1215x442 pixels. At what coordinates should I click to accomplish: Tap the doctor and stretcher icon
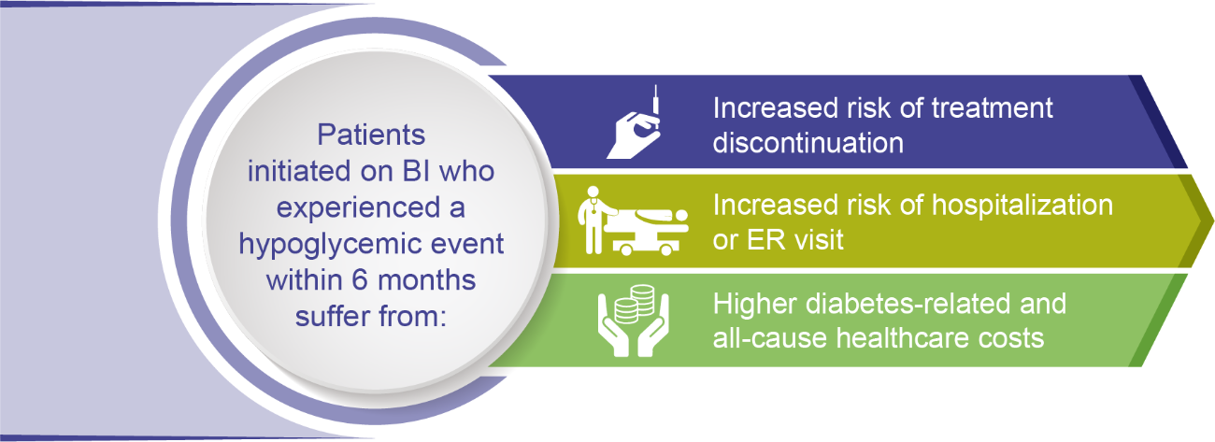click(633, 221)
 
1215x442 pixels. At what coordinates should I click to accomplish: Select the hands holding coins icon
click(634, 321)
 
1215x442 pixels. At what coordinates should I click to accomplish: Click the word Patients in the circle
click(371, 135)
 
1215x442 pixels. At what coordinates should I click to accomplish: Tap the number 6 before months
click(360, 280)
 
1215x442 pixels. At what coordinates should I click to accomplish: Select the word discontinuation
click(808, 143)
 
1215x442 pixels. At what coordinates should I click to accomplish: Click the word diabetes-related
click(908, 304)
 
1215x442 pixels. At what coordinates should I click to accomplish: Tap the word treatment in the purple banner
click(992, 107)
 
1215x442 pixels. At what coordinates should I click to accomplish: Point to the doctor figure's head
click(593, 192)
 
